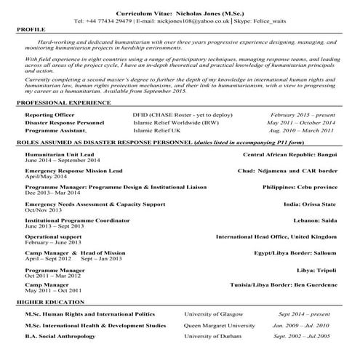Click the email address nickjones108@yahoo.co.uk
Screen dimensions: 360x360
(190, 22)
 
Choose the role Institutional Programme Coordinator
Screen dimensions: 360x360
(76, 220)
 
